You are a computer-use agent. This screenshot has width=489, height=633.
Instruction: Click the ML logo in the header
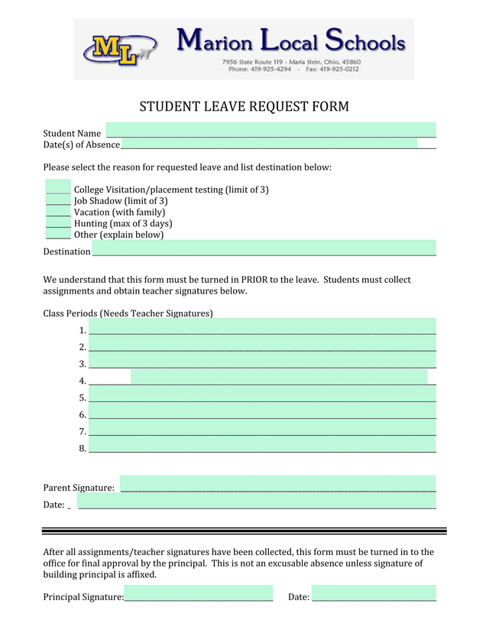(118, 50)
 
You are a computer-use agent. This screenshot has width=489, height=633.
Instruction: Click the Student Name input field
(270, 130)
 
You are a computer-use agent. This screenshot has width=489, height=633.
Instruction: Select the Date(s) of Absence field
(269, 144)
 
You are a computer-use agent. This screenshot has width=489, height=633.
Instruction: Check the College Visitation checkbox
(58, 187)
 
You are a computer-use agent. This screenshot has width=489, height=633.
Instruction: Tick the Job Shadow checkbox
(58, 200)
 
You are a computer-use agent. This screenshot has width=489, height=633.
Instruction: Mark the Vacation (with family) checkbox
(58, 212)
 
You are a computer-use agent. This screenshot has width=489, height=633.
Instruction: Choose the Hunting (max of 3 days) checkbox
(58, 223)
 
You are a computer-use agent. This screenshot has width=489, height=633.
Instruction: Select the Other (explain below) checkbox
(58, 234)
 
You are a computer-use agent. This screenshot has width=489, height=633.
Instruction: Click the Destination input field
(264, 248)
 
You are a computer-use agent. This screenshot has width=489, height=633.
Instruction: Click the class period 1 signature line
(262, 326)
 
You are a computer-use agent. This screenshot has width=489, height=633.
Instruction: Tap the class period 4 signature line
(279, 376)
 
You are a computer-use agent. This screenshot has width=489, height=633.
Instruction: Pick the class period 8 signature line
(262, 445)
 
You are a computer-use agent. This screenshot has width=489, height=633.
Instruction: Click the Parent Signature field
(277, 484)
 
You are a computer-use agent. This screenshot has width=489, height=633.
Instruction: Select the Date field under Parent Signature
(257, 501)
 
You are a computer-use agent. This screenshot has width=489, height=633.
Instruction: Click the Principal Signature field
(198, 594)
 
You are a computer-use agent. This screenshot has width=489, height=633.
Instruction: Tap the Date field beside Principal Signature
(374, 594)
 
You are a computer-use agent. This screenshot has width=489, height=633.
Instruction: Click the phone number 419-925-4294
(270, 69)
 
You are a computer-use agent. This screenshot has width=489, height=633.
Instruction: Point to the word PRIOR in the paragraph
(255, 280)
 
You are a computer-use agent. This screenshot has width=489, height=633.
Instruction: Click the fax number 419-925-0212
(338, 69)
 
